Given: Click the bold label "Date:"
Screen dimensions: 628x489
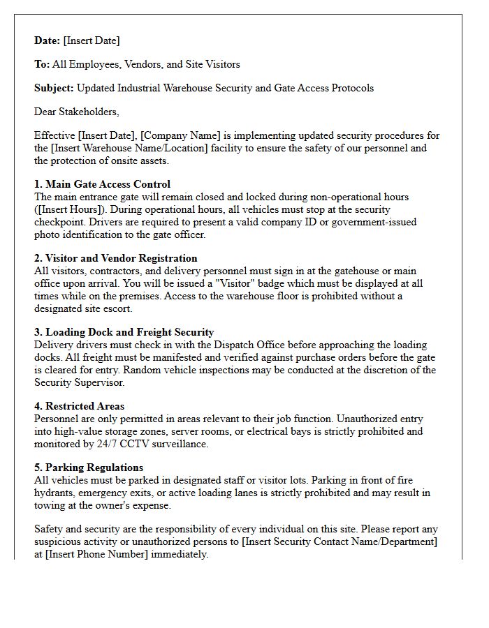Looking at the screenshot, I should pyautogui.click(x=48, y=40).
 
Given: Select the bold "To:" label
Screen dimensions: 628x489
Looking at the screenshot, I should pyautogui.click(x=42, y=64).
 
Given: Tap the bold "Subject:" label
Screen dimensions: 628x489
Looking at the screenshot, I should pyautogui.click(x=54, y=88).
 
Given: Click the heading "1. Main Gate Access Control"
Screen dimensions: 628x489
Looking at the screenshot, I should pyautogui.click(x=102, y=184).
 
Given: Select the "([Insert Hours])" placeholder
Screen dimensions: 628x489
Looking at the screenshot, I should pyautogui.click(x=68, y=209).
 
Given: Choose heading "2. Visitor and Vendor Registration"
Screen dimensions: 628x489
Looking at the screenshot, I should pyautogui.click(x=116, y=258).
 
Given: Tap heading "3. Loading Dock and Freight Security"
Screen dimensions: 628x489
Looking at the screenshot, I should pyautogui.click(x=124, y=332).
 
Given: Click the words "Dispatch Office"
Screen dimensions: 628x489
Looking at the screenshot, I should pyautogui.click(x=225, y=345).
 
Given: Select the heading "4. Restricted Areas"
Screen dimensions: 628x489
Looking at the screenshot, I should pyautogui.click(x=80, y=406).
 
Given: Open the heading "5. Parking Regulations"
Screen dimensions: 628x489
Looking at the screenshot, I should pyautogui.click(x=89, y=468).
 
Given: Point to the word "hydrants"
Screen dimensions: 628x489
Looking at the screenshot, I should pyautogui.click(x=55, y=493).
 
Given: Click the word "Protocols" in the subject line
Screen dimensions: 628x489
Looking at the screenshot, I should pyautogui.click(x=350, y=88).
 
